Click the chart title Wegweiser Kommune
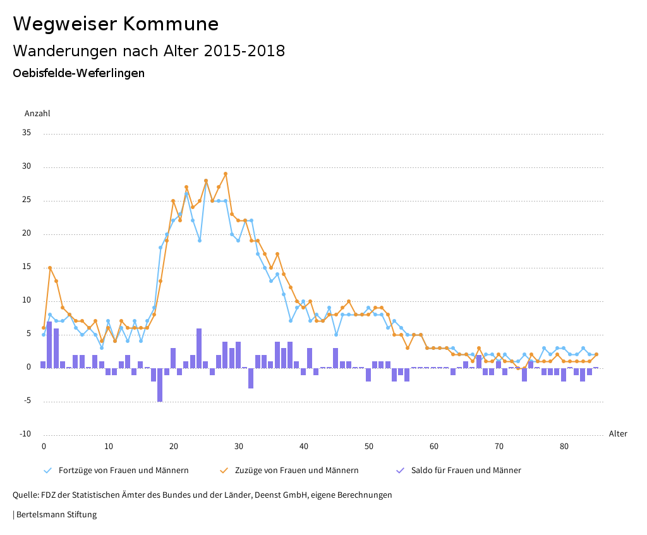(116, 24)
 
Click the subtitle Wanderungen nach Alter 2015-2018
(148, 51)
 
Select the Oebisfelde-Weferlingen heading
(78, 73)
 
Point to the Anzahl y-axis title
(37, 114)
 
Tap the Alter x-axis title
(618, 434)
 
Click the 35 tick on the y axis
(27, 133)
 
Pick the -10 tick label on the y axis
(25, 434)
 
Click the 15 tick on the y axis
(27, 267)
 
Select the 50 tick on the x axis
(369, 447)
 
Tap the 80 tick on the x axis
(564, 447)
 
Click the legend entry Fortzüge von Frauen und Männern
(123, 471)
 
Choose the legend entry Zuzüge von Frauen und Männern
(296, 471)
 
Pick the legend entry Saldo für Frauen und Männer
(466, 471)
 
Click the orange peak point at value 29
(226, 174)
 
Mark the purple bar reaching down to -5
(160, 384)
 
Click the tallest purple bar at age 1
(50, 344)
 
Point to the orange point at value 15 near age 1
(50, 268)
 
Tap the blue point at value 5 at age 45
(336, 335)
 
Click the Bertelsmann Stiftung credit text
(55, 515)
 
